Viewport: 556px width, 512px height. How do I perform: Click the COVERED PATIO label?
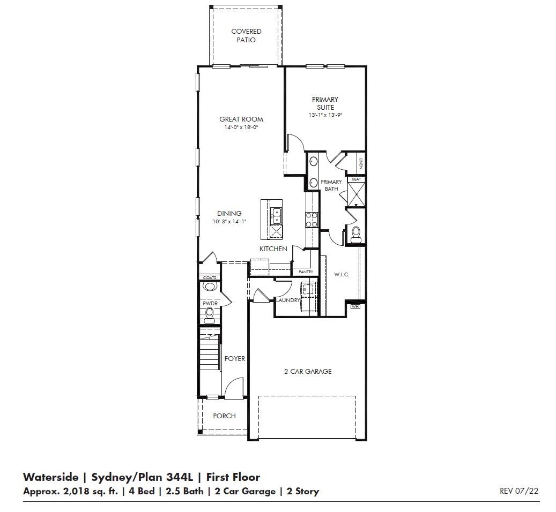pos(246,36)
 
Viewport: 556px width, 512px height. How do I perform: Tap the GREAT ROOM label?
pos(241,119)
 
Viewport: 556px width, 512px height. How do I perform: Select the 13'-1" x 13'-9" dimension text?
pos(325,115)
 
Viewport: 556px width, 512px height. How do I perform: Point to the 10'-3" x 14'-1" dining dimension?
pos(229,221)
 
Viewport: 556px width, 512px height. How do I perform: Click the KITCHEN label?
pos(273,249)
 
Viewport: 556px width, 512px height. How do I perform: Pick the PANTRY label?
pos(306,272)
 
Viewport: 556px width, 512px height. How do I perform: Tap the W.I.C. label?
pos(342,275)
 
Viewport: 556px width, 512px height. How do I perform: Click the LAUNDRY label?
pos(287,300)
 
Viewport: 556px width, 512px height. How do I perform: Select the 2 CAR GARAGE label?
pos(307,371)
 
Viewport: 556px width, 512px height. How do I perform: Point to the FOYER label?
pos(234,359)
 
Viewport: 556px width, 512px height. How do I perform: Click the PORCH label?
pos(224,416)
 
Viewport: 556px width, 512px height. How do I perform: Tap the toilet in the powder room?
pos(210,313)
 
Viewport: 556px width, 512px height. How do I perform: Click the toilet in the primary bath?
pos(355,233)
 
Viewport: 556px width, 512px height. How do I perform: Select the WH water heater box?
pos(355,307)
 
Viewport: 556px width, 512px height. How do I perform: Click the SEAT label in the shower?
pos(357,179)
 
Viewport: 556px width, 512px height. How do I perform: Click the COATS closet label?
pos(210,277)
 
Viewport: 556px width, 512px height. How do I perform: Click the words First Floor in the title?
pos(234,477)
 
